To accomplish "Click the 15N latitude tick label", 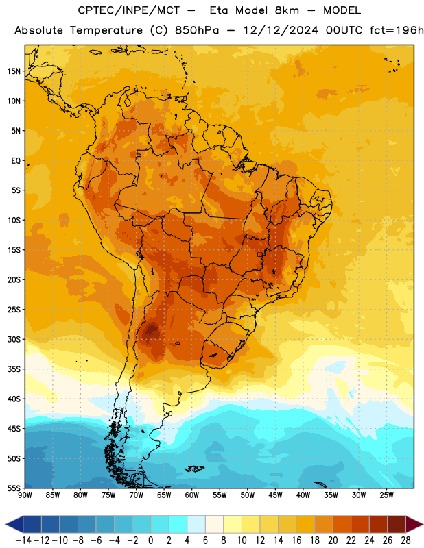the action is click(14, 71).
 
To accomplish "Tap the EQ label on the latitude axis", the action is click(16, 161).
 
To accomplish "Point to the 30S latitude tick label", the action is click(14, 339).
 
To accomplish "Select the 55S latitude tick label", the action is click(14, 488).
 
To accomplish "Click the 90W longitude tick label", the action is click(25, 495).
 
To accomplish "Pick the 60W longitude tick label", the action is click(192, 495).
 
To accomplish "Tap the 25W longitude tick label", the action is click(386, 495).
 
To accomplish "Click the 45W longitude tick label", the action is click(276, 495).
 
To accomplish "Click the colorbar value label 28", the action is click(405, 540).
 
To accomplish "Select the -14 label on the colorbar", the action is click(23, 540).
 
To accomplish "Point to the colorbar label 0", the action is click(150, 540).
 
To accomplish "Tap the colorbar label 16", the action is click(296, 540).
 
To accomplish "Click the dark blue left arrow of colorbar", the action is click(14, 524).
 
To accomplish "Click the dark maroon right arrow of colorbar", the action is click(414, 524).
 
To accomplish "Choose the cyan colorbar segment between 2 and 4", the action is click(178, 524).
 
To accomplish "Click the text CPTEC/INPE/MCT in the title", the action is click(129, 10).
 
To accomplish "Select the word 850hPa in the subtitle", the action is click(197, 30).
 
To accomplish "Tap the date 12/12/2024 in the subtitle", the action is click(281, 30).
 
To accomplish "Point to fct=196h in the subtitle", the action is click(397, 30).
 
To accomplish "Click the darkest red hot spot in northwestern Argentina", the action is click(152, 329).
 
